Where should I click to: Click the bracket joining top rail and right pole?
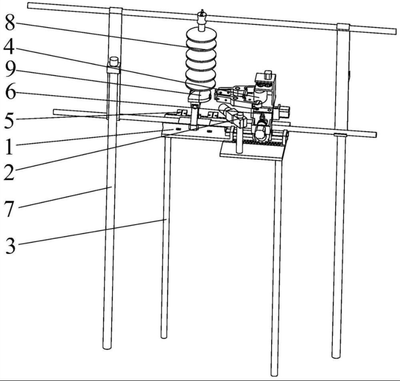point(344,26)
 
